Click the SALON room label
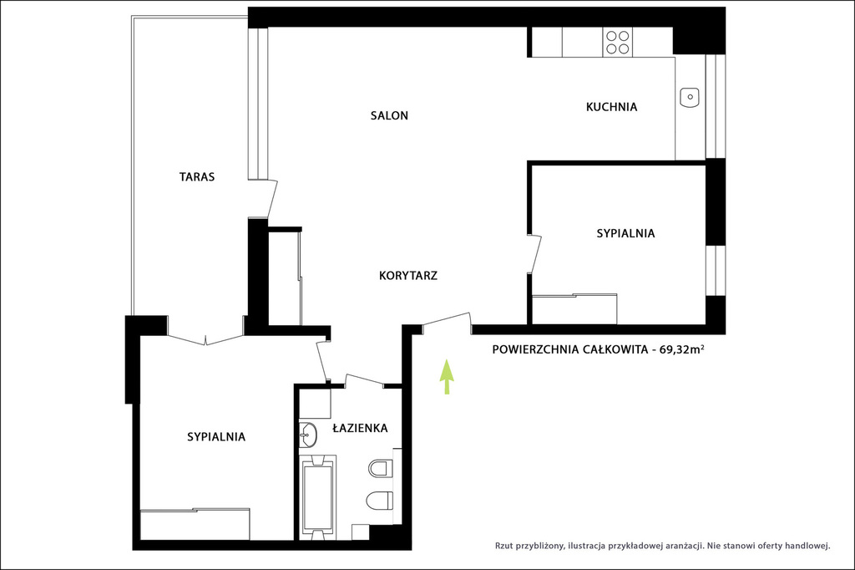point(389,115)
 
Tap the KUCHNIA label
point(611,107)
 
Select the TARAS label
point(197,177)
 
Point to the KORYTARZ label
point(407,276)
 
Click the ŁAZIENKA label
point(360,428)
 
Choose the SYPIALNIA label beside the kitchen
point(625,234)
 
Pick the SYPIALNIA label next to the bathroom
point(216,437)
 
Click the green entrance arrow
point(448,376)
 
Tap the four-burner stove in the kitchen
point(618,43)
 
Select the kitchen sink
point(690,97)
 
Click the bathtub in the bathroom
point(317,496)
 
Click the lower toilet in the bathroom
point(380,500)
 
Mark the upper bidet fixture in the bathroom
point(381,468)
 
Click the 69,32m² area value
point(681,349)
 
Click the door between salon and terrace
point(271,199)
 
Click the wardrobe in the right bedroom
point(574,309)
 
